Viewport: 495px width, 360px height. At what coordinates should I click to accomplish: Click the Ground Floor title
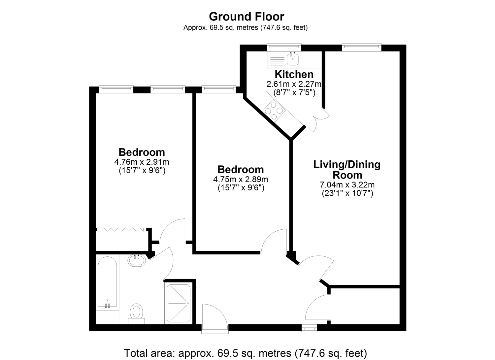click(x=247, y=16)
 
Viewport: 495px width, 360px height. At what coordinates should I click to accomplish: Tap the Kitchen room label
click(x=294, y=75)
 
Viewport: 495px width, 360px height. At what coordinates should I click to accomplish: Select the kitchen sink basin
click(x=293, y=59)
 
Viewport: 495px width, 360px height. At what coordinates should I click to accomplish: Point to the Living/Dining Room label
click(x=347, y=170)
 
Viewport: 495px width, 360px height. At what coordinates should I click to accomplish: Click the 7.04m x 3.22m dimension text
click(x=347, y=184)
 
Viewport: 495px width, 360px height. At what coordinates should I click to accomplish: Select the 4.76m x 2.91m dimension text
click(x=142, y=162)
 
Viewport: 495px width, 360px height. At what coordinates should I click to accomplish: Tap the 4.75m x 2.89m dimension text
click(x=241, y=179)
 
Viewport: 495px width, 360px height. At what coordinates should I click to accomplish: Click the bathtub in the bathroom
click(x=107, y=282)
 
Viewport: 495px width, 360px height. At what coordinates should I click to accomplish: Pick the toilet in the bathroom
click(x=137, y=314)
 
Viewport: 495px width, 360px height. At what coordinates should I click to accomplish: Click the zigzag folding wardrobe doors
click(x=122, y=229)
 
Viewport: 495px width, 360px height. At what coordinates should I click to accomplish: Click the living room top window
click(x=362, y=47)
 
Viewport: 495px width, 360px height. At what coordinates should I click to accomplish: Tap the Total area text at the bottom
click(x=246, y=353)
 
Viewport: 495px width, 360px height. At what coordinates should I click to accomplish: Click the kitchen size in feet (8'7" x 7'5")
click(x=294, y=92)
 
